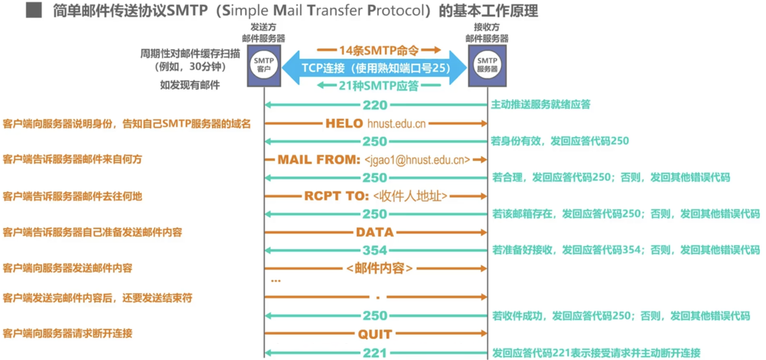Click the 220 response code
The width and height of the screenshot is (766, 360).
[x=375, y=105]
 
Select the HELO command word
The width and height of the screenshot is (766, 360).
[x=344, y=124]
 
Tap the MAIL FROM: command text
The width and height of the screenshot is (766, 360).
[x=319, y=160]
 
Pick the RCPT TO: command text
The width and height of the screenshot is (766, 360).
[x=336, y=196]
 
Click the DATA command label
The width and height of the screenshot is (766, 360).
[x=375, y=233]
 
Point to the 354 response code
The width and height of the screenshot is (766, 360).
[x=375, y=250]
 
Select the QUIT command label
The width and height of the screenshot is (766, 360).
[x=375, y=334]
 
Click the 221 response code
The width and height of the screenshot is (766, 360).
[x=375, y=353]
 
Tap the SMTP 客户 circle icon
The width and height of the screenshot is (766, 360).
[x=264, y=65]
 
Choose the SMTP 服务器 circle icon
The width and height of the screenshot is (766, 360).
[x=487, y=65]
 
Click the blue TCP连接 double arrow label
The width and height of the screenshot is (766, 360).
[x=375, y=68]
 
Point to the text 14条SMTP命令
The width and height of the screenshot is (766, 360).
[x=379, y=50]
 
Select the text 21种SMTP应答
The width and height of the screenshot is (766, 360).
[x=379, y=86]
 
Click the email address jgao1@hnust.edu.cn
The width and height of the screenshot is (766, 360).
[x=417, y=160]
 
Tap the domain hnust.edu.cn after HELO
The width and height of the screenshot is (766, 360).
[x=397, y=124]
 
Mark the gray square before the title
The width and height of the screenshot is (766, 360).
[x=34, y=10]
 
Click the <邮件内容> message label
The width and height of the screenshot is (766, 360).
[x=379, y=269]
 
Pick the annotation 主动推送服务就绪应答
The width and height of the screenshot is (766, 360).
[x=541, y=104]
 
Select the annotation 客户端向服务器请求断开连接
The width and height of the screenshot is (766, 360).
[x=68, y=333]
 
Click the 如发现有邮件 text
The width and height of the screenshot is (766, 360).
[x=190, y=85]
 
